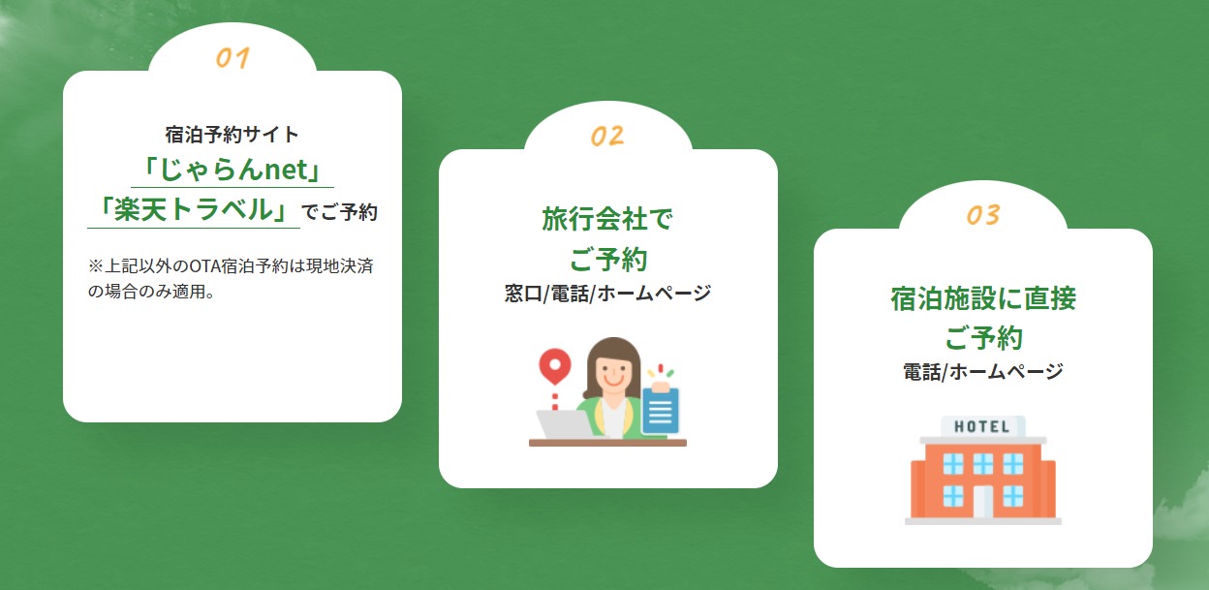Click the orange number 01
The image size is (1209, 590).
[x=232, y=58]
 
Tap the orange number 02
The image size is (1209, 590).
[x=607, y=136]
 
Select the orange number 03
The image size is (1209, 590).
[x=983, y=215]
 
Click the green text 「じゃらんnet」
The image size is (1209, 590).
[x=232, y=170]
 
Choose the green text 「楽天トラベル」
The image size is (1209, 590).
[x=194, y=209]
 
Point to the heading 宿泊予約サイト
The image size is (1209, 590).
[x=232, y=135]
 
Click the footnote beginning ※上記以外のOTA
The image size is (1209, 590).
[x=231, y=279]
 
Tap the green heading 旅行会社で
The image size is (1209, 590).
[x=607, y=219]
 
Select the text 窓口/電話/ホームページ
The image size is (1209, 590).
[x=607, y=294]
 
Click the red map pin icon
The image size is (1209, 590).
[x=555, y=365]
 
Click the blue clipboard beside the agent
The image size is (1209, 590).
[x=660, y=409]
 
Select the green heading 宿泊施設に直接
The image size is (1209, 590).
[x=983, y=298]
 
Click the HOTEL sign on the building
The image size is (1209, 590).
[x=981, y=426]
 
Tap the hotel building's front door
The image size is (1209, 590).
[x=983, y=502]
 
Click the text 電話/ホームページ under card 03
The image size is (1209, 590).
[x=983, y=372]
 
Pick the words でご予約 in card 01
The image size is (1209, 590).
[x=339, y=211]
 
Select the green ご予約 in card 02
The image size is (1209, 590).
[x=607, y=259]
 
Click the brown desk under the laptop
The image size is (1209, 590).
[x=607, y=443]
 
